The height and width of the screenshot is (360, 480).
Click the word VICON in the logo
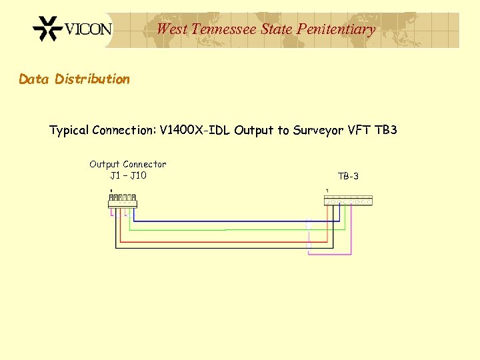(89, 30)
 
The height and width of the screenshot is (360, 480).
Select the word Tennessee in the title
(224, 29)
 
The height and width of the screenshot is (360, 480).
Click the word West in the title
(171, 29)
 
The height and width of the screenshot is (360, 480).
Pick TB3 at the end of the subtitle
(386, 130)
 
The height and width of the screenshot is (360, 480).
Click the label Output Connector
(128, 164)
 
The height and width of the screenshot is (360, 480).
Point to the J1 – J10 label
(128, 175)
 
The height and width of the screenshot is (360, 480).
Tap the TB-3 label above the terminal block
(348, 176)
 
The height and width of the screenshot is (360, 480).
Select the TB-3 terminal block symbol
(348, 200)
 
